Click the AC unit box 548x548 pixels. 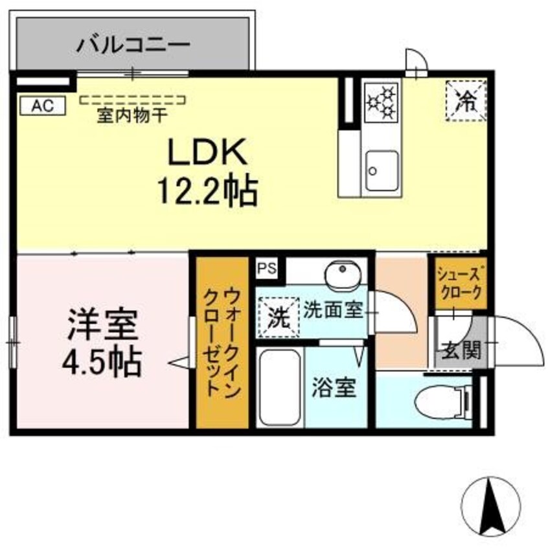43,105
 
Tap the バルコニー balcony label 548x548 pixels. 133,45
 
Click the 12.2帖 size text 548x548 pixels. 209,191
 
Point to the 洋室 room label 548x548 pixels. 103,325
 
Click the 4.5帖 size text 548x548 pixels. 102,361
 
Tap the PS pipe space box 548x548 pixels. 268,268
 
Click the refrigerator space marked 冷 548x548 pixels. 466,101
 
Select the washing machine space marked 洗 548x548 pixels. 279,317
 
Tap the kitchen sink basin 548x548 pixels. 382,171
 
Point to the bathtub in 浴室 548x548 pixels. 280,387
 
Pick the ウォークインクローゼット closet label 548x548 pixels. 222,342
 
